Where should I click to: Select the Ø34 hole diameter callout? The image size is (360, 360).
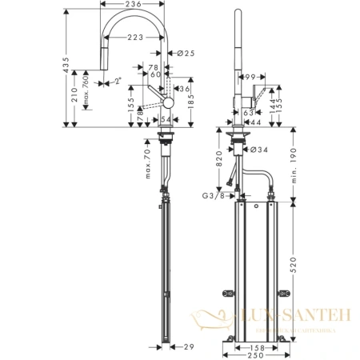258,146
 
